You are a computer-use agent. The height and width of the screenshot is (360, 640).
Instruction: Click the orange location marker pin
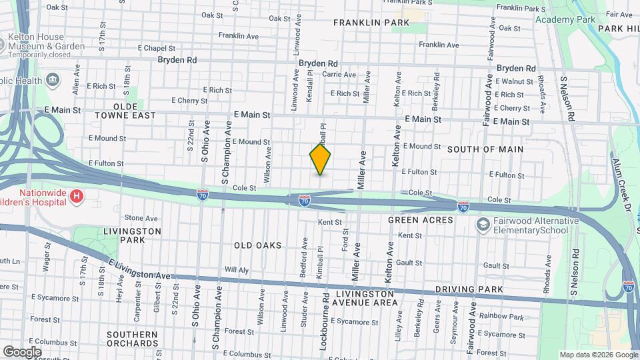pos(320,159)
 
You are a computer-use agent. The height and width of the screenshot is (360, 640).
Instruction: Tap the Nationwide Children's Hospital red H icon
pos(77,196)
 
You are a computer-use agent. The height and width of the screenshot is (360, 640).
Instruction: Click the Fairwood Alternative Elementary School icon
pos(482,226)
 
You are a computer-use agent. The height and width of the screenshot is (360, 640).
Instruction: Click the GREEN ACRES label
pos(420,219)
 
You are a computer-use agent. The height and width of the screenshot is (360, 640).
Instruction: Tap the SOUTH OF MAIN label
pos(485,149)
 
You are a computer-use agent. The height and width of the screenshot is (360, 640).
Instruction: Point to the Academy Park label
pos(565,19)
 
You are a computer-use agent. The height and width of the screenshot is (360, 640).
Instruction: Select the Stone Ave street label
pos(141,218)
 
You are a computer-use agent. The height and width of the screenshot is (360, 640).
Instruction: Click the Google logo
pos(22,351)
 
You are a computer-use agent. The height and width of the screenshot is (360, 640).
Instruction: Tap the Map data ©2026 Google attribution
pos(597,355)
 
